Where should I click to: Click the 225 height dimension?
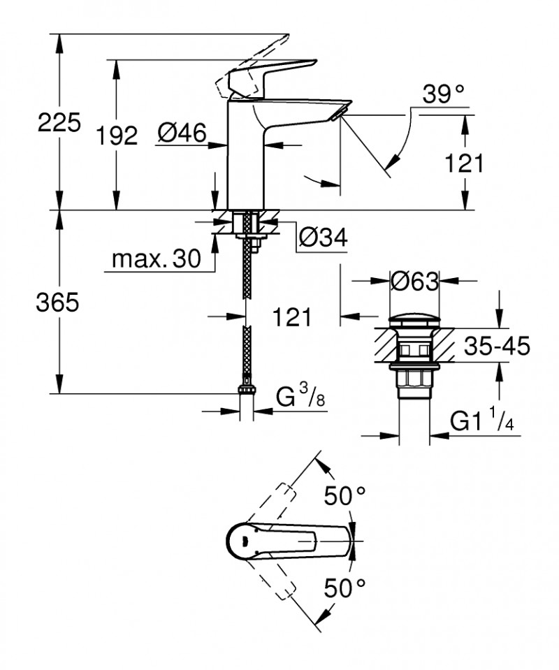coord(59,124)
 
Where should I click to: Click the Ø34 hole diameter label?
coord(323,238)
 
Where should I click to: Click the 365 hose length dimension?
coord(59,303)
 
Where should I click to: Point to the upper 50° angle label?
coord(344,497)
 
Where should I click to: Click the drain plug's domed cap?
coord(414,321)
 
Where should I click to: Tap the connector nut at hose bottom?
coord(246,388)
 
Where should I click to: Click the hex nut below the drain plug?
coord(414,381)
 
